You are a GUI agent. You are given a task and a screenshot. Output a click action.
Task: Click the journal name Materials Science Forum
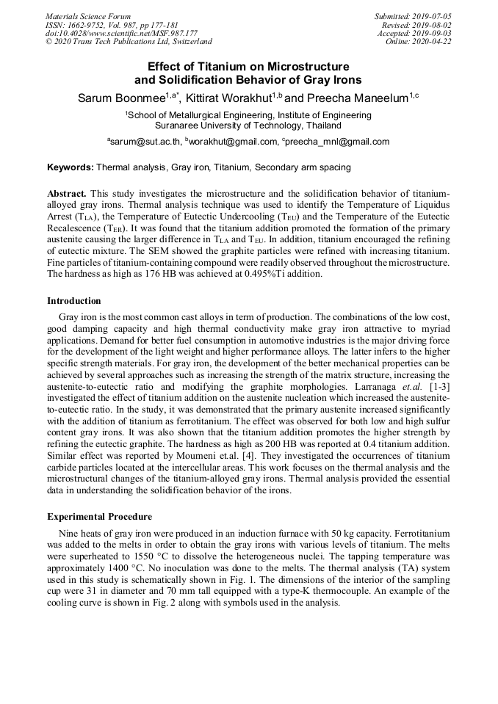pyautogui.click(x=88, y=16)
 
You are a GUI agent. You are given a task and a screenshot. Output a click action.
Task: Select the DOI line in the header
pyautogui.click(x=121, y=33)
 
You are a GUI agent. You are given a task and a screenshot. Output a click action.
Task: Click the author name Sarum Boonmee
pyautogui.click(x=120, y=98)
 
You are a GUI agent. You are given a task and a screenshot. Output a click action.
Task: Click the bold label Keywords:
pyautogui.click(x=71, y=167)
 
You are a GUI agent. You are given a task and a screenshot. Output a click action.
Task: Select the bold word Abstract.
pyautogui.click(x=67, y=193)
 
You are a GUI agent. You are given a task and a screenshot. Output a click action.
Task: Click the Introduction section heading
pyautogui.click(x=74, y=301)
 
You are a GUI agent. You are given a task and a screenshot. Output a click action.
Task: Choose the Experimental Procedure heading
pyautogui.click(x=99, y=516)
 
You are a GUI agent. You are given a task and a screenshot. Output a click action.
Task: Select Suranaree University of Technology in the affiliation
pyautogui.click(x=233, y=126)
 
